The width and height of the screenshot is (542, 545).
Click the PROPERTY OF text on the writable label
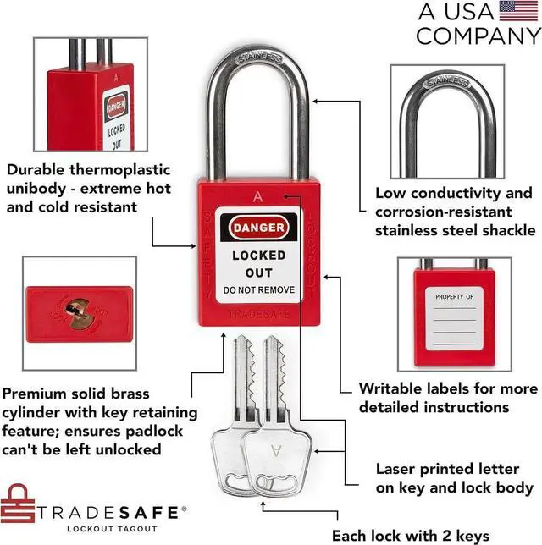pyautogui.click(x=456, y=297)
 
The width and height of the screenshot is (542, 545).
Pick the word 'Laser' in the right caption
pyautogui.click(x=395, y=468)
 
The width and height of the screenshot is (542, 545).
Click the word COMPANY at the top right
pyautogui.click(x=478, y=36)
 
